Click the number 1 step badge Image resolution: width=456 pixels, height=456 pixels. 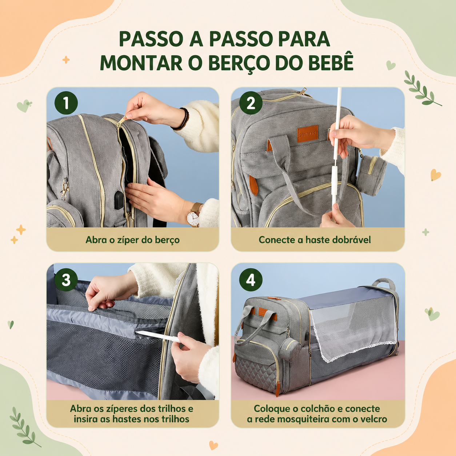pos(66,103)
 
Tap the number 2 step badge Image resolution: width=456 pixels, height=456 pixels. pos(251,103)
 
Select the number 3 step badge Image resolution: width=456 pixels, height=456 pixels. pos(66,280)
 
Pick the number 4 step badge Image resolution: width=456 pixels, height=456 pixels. pos(251,280)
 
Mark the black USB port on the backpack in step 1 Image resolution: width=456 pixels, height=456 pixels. pos(119,200)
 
